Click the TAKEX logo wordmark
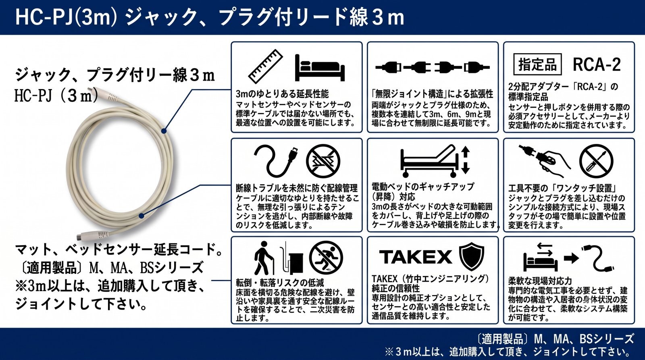click(416, 257)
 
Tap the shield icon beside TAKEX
click(471, 256)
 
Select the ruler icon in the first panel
click(266, 67)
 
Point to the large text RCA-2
click(597, 65)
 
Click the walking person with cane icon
click(264, 258)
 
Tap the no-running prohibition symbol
click(326, 258)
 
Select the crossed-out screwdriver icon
click(596, 161)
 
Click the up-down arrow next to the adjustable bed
click(466, 160)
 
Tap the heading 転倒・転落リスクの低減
click(280, 283)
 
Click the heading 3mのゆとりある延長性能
click(282, 94)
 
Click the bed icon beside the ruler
click(320, 68)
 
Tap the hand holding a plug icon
click(544, 160)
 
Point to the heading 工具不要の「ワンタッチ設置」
click(562, 188)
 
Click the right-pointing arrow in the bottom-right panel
click(571, 258)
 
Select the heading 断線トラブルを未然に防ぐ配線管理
click(297, 188)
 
